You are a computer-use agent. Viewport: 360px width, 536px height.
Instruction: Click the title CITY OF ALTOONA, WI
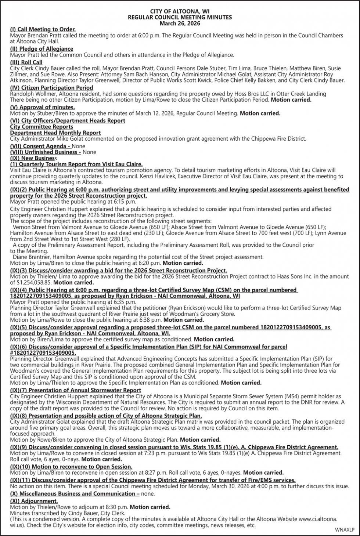pyautogui.click(x=180, y=12)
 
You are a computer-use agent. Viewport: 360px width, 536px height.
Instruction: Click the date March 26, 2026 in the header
pyautogui.click(x=180, y=23)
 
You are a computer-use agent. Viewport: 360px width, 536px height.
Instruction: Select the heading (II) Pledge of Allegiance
pyautogui.click(x=42, y=49)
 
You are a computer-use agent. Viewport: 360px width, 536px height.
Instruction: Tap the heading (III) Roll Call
pyautogui.click(x=26, y=62)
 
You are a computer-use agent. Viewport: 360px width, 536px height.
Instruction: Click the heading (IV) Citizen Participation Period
pyautogui.click(x=51, y=88)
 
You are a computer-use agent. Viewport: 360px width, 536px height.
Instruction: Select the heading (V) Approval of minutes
pyautogui.click(x=42, y=107)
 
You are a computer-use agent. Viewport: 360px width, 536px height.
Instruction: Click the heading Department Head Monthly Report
pyautogui.click(x=55, y=133)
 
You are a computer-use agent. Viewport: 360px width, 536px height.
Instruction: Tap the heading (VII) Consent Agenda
pyautogui.click(x=40, y=146)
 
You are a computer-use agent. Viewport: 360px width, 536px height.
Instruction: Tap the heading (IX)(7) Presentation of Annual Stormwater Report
pyautogui.click(x=75, y=390)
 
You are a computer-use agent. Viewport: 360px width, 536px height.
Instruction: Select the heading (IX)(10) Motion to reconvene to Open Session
pyautogui.click(x=71, y=467)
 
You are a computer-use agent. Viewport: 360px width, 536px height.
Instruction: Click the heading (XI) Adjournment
pyautogui.click(x=34, y=501)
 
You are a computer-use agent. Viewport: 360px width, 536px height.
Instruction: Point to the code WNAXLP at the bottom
pyautogui.click(x=345, y=530)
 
